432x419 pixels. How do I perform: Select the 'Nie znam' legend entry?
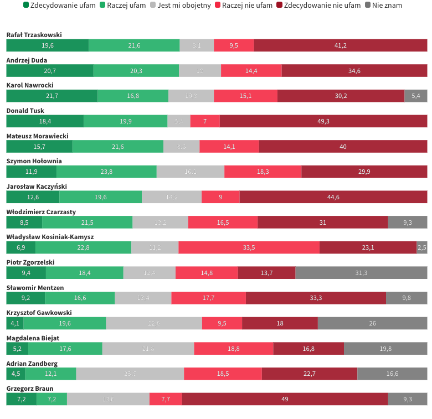tap(387, 5)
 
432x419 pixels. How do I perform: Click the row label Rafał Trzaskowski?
tap(34, 35)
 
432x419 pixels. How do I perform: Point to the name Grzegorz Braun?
tap(29, 389)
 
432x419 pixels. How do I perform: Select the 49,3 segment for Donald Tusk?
tap(323, 121)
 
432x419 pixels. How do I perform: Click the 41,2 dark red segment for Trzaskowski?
tap(340, 45)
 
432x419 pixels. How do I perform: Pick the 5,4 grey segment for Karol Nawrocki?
tap(415, 96)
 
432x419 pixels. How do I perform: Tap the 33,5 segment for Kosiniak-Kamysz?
tap(249, 247)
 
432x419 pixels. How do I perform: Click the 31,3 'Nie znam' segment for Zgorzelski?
tap(361, 273)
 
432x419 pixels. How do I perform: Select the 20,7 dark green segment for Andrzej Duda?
tap(49, 71)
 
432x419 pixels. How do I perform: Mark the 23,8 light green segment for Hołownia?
tap(106, 172)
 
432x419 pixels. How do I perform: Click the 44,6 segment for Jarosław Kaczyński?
tap(333, 197)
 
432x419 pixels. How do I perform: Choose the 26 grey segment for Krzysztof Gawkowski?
tap(372, 323)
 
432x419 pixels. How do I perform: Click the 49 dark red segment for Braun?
tap(285, 399)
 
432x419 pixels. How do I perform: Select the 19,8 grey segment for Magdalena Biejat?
tap(385, 349)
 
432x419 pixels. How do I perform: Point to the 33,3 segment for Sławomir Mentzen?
tap(316, 298)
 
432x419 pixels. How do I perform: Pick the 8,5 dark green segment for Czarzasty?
tap(24, 222)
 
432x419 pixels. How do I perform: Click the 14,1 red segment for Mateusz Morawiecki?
tap(229, 147)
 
